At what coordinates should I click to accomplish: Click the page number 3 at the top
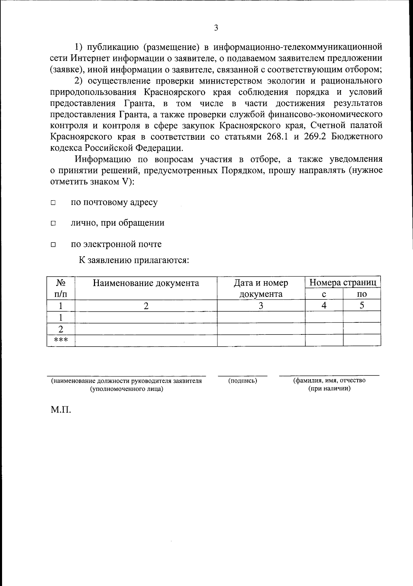[216, 28]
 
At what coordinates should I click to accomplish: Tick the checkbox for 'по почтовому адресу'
[53, 203]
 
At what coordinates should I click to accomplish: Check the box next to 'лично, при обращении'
[53, 224]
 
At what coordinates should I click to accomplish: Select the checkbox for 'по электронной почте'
[53, 245]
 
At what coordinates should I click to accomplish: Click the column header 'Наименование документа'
[146, 283]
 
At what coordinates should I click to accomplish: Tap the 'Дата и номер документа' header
[261, 288]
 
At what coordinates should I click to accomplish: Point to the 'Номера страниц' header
[343, 283]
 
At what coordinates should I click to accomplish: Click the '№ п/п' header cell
[61, 288]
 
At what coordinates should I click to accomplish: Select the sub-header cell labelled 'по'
[362, 294]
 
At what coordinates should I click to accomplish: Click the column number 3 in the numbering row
[261, 306]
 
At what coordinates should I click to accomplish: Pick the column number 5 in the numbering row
[362, 305]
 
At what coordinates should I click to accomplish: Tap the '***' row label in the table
[61, 341]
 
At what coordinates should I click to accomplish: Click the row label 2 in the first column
[61, 329]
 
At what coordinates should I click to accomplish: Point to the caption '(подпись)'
[243, 381]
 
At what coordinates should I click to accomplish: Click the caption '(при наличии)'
[329, 389]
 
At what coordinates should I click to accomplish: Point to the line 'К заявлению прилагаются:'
[134, 260]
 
